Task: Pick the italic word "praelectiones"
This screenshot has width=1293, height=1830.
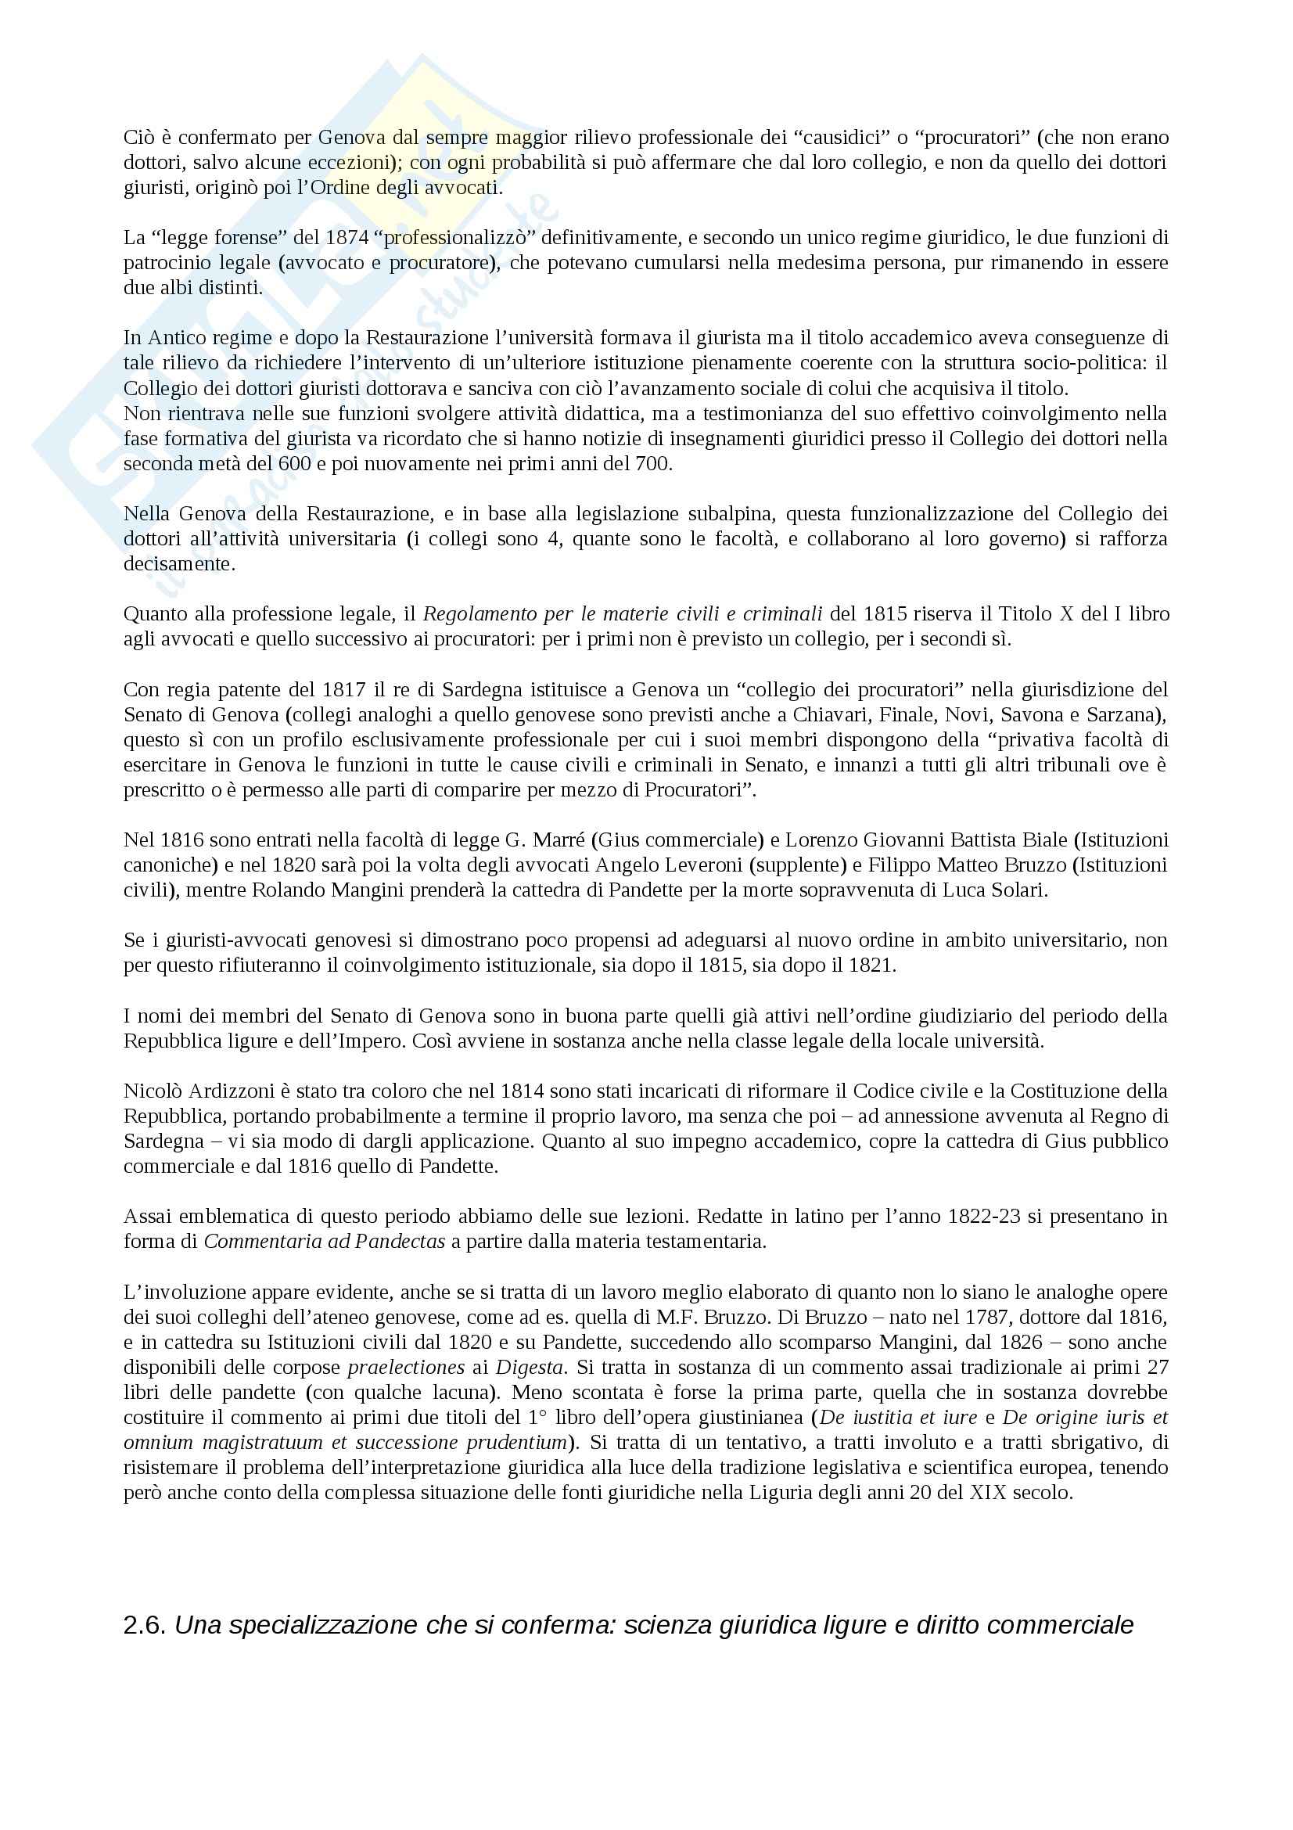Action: point(406,1367)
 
